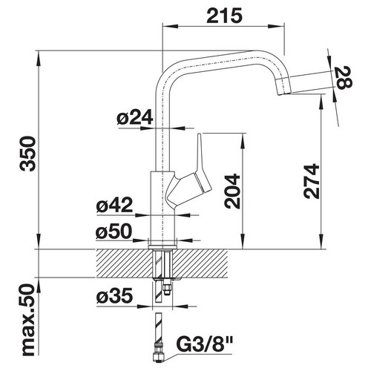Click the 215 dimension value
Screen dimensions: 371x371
click(225, 16)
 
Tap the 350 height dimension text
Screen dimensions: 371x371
click(27, 154)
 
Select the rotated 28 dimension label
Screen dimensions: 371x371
click(344, 77)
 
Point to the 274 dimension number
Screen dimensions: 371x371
click(312, 181)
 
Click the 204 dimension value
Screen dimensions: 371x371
click(232, 191)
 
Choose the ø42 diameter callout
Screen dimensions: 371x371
click(114, 205)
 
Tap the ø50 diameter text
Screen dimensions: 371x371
click(114, 232)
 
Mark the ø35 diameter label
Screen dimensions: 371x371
click(114, 296)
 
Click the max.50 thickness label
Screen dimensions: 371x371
click(27, 321)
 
